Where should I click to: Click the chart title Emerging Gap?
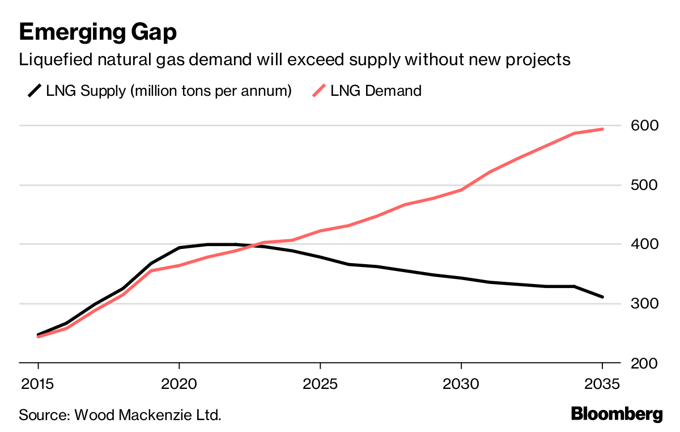point(97,32)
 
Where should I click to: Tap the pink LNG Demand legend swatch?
point(320,90)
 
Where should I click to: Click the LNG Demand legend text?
point(376,90)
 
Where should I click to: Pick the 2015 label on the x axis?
point(38,383)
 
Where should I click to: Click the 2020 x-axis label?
point(179,383)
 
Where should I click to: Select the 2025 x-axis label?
point(320,383)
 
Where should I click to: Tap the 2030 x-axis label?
point(461,383)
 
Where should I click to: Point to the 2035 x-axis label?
point(602,383)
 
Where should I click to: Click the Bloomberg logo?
point(617,414)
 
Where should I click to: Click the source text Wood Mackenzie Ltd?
point(145,414)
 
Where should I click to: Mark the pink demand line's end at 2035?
point(602,129)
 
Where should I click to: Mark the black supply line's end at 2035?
point(602,297)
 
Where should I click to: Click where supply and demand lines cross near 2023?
point(254,245)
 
